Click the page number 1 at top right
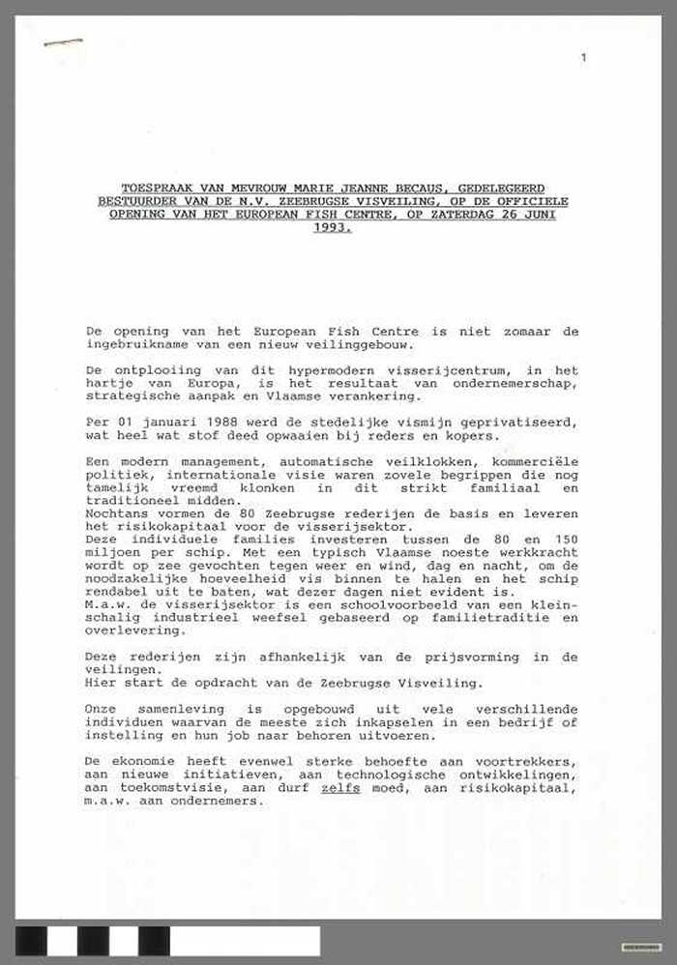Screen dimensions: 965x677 (x=583, y=59)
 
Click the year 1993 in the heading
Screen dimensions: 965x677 (x=332, y=228)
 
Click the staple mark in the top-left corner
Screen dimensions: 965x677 (x=63, y=43)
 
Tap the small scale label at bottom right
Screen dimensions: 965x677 (x=641, y=947)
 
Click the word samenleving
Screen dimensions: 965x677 (x=171, y=709)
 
